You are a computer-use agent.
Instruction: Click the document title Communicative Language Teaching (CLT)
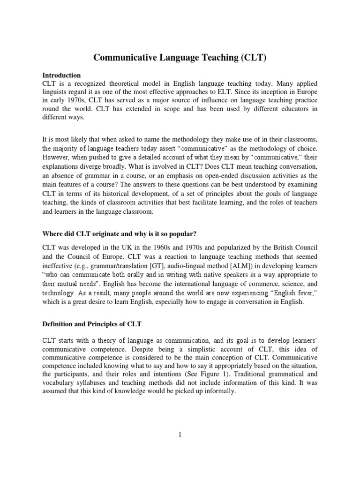pyautogui.click(x=180, y=58)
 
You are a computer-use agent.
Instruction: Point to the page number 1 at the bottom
pyautogui.click(x=180, y=435)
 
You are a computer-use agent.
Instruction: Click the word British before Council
pyautogui.click(x=268, y=257)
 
